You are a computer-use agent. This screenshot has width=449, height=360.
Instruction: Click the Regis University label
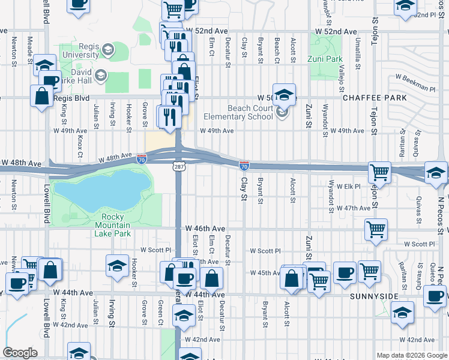point(77,53)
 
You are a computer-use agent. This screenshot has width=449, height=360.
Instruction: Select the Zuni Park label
point(325,59)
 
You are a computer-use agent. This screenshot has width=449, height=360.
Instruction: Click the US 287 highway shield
point(179,164)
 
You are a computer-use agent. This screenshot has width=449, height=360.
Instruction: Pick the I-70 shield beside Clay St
point(244,164)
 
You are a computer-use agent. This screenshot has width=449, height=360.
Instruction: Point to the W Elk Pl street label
point(348,187)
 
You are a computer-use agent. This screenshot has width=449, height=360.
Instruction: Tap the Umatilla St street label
point(357,55)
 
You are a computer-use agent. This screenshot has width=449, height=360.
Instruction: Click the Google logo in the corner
point(20,353)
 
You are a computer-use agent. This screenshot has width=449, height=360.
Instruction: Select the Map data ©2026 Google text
point(411,355)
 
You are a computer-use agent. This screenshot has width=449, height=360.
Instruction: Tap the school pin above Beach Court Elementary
point(284,95)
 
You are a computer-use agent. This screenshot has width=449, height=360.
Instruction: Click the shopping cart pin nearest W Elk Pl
point(379,172)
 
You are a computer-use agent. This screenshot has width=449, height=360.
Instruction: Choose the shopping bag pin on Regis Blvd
point(42,97)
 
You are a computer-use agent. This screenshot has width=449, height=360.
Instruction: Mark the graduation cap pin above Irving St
point(117,265)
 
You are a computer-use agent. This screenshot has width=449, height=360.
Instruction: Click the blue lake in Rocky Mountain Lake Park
point(102,189)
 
